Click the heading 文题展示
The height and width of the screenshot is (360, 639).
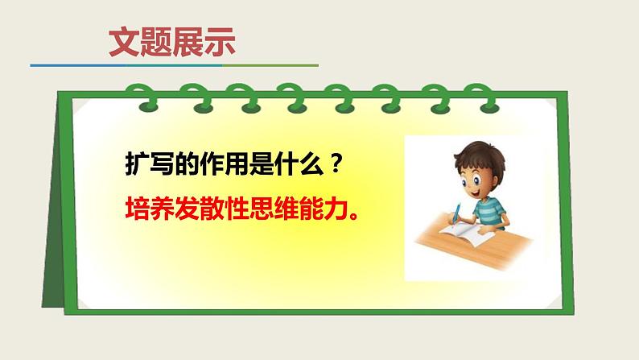(172, 42)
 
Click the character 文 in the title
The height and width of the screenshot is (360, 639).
(124, 42)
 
